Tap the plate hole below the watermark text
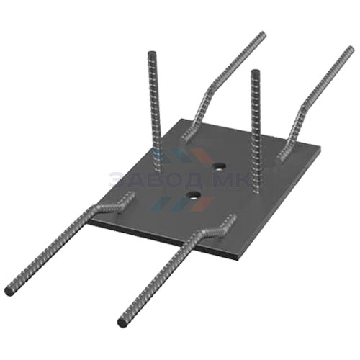[194, 196]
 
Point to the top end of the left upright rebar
[152, 54]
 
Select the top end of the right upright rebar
[255, 72]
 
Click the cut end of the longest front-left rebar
[9, 291]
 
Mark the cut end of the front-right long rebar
[122, 323]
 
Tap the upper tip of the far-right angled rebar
[351, 49]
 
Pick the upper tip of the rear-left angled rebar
[262, 35]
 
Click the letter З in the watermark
[116, 179]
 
